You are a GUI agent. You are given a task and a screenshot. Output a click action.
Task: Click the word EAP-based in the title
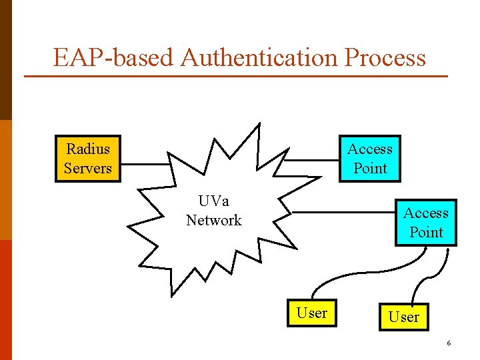point(114,58)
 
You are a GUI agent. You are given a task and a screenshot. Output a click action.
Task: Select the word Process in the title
point(385,58)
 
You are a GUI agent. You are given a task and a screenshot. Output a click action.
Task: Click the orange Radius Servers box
point(88,159)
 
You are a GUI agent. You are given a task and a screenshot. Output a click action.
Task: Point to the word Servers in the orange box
point(88,168)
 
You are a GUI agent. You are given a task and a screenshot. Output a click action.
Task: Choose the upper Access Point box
point(370,159)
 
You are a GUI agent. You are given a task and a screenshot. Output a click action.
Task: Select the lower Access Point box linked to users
point(426,223)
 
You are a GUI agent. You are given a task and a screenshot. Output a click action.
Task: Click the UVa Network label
point(213,211)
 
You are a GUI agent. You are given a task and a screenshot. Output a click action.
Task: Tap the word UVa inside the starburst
point(213,201)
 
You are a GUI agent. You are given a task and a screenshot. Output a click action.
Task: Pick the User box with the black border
point(312,313)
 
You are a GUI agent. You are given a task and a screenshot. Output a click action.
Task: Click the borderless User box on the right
point(404,317)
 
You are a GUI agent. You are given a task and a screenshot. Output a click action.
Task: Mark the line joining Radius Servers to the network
point(145,164)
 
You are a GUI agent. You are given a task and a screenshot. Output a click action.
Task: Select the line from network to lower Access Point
point(343,213)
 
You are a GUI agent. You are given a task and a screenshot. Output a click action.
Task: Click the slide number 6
point(449,343)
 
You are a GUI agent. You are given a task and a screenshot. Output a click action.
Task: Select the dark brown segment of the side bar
point(6,60)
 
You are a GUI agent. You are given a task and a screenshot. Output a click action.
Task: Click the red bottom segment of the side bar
point(6,300)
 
